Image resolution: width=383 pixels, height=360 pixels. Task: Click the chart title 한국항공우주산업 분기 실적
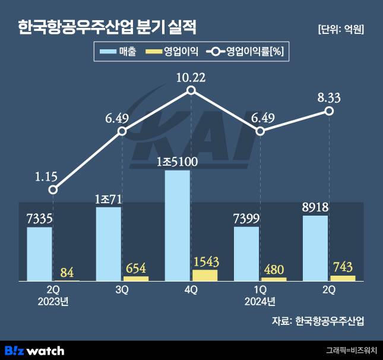pyautogui.click(x=107, y=27)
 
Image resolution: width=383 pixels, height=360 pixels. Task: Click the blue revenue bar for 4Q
pyautogui.click(x=177, y=225)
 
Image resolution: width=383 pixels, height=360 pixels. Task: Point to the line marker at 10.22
pyautogui.click(x=191, y=90)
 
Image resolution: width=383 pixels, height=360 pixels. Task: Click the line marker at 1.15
pyautogui.click(x=53, y=190)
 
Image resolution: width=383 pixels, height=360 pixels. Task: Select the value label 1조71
pyautogui.click(x=108, y=198)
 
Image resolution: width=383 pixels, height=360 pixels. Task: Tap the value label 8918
pyautogui.click(x=315, y=207)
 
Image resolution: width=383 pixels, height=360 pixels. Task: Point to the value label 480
pyautogui.click(x=274, y=269)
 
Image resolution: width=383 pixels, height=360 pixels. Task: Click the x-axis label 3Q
pyautogui.click(x=122, y=290)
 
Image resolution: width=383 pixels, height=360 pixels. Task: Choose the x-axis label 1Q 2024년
pyautogui.click(x=260, y=296)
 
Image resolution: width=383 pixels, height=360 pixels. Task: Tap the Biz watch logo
pyautogui.click(x=34, y=350)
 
